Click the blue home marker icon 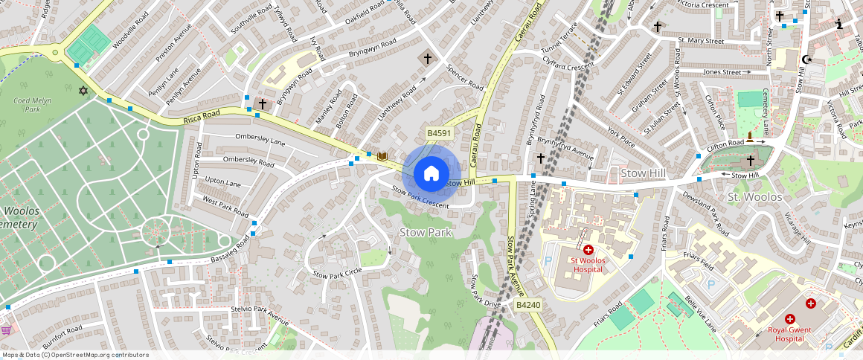pos(431,173)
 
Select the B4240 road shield pos(528,305)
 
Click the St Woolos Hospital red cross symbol pos(588,250)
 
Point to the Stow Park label pos(426,233)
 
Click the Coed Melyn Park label pos(31,104)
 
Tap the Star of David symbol pos(83,91)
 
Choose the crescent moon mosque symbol pos(808,60)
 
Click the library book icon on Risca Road pos(382,156)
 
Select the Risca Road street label pos(203,119)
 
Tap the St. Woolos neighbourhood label pos(754,197)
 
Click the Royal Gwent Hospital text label pos(789,334)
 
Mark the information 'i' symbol pos(840,24)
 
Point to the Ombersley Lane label pos(260,139)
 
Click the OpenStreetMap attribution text pos(74,355)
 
